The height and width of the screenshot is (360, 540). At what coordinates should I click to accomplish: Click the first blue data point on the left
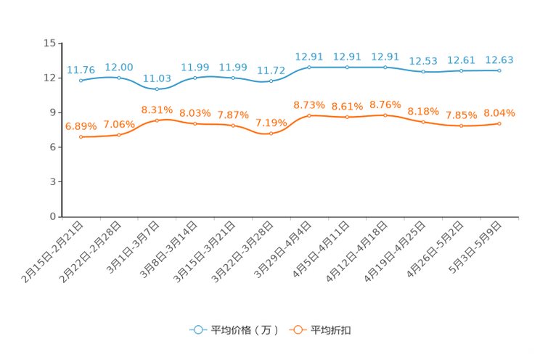81,80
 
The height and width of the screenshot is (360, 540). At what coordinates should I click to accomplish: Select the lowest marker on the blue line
157,89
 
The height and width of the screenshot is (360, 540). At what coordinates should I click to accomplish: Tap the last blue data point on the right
499,70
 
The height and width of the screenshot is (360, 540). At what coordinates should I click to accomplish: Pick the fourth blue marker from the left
195,76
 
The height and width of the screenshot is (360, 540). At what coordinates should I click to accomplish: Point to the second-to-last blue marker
461,70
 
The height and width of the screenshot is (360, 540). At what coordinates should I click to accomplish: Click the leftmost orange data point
81,136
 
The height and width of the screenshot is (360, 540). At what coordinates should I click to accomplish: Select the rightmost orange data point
499,124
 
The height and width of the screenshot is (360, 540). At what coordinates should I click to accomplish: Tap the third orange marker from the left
157,120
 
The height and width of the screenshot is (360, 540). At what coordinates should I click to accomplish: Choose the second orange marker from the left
119,134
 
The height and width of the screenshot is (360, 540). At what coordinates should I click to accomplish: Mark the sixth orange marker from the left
271,134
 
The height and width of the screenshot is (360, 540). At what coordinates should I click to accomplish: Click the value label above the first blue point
81,70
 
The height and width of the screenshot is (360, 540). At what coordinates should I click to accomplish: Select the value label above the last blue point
499,59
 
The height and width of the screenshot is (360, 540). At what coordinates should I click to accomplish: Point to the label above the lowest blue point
157,78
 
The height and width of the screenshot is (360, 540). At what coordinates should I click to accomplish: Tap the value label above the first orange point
81,126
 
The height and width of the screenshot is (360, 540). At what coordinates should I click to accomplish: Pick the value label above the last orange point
499,113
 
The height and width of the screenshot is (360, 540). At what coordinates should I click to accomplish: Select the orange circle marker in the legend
298,330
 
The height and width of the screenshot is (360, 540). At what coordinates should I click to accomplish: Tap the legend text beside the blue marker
245,330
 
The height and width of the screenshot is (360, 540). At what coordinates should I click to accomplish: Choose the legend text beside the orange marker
332,330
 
